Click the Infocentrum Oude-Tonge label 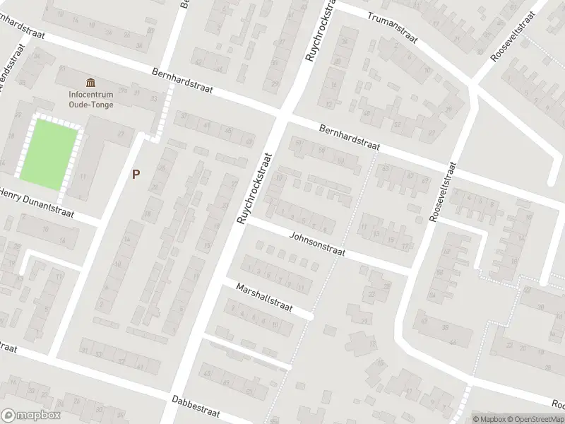pyautogui.click(x=91, y=100)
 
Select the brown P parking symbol pyautogui.click(x=136, y=172)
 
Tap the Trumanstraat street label pyautogui.click(x=392, y=26)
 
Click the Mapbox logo pyautogui.click(x=30, y=416)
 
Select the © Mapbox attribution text pyautogui.click(x=486, y=418)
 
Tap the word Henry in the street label pyautogui.click(x=13, y=195)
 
